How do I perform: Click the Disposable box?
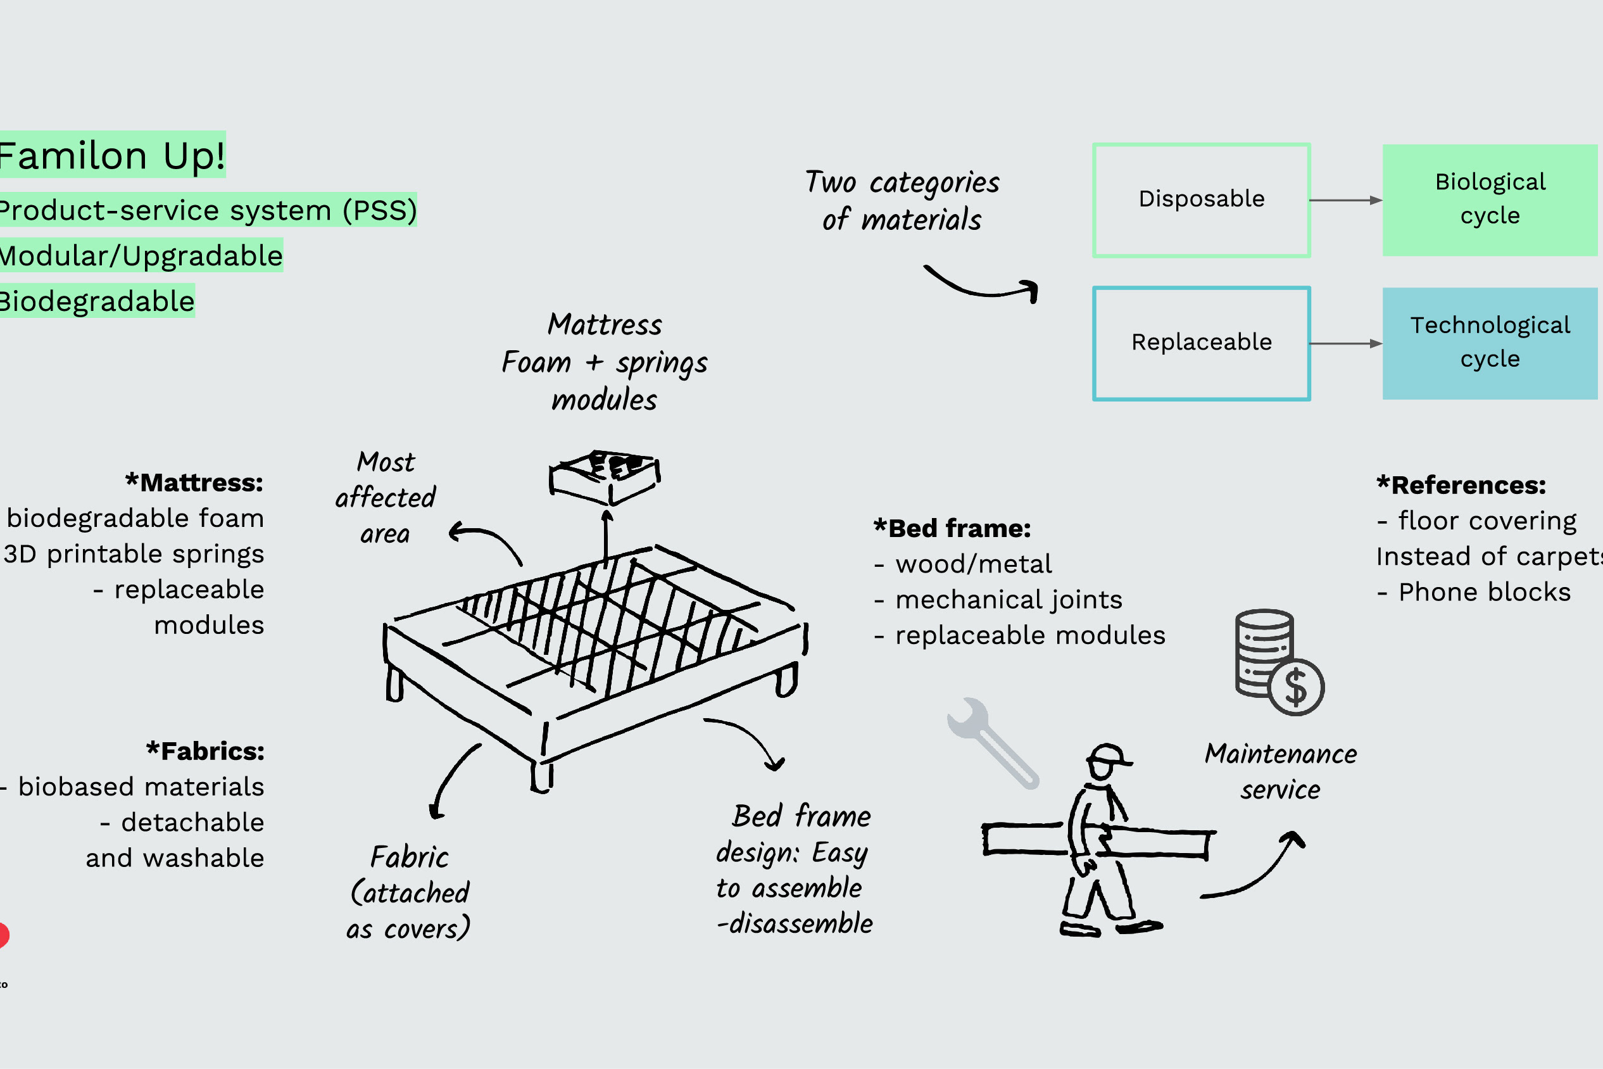point(1201,199)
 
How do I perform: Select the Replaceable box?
point(1201,343)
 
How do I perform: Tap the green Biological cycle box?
point(1490,199)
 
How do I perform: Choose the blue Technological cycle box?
point(1490,343)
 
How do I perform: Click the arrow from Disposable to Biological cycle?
point(1345,200)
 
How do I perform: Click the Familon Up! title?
point(112,155)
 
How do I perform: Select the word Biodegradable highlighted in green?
point(97,301)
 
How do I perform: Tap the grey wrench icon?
point(992,743)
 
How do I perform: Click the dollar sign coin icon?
point(1295,687)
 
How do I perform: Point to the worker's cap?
point(1107,755)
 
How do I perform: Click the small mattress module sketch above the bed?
point(605,475)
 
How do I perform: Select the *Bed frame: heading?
point(952,528)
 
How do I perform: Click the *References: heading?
point(1461,485)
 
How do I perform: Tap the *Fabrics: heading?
point(205,751)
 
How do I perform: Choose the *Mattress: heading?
point(195,483)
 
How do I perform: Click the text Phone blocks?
point(1485,591)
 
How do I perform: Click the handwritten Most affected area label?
point(386,498)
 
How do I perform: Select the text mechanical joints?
point(1008,600)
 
